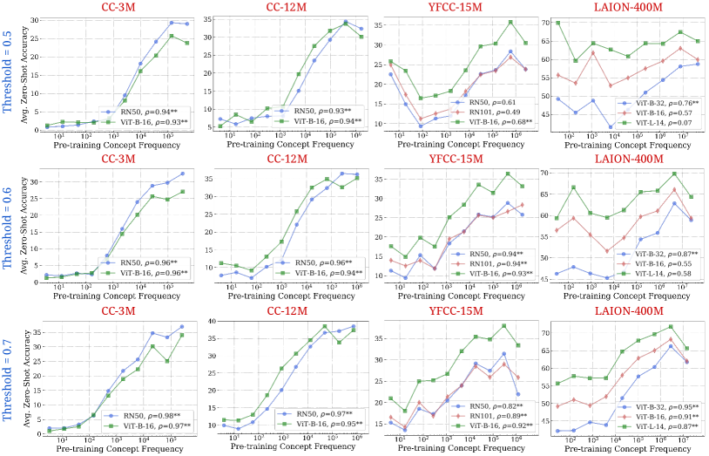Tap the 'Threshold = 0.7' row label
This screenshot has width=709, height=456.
(9, 376)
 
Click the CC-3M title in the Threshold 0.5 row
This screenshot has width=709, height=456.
(118, 9)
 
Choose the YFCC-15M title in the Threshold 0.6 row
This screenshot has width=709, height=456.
(456, 159)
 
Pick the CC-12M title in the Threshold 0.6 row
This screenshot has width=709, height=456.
(287, 159)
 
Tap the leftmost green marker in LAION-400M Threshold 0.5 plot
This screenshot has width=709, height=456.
(557, 24)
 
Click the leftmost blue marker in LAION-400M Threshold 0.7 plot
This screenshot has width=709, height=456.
(557, 431)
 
